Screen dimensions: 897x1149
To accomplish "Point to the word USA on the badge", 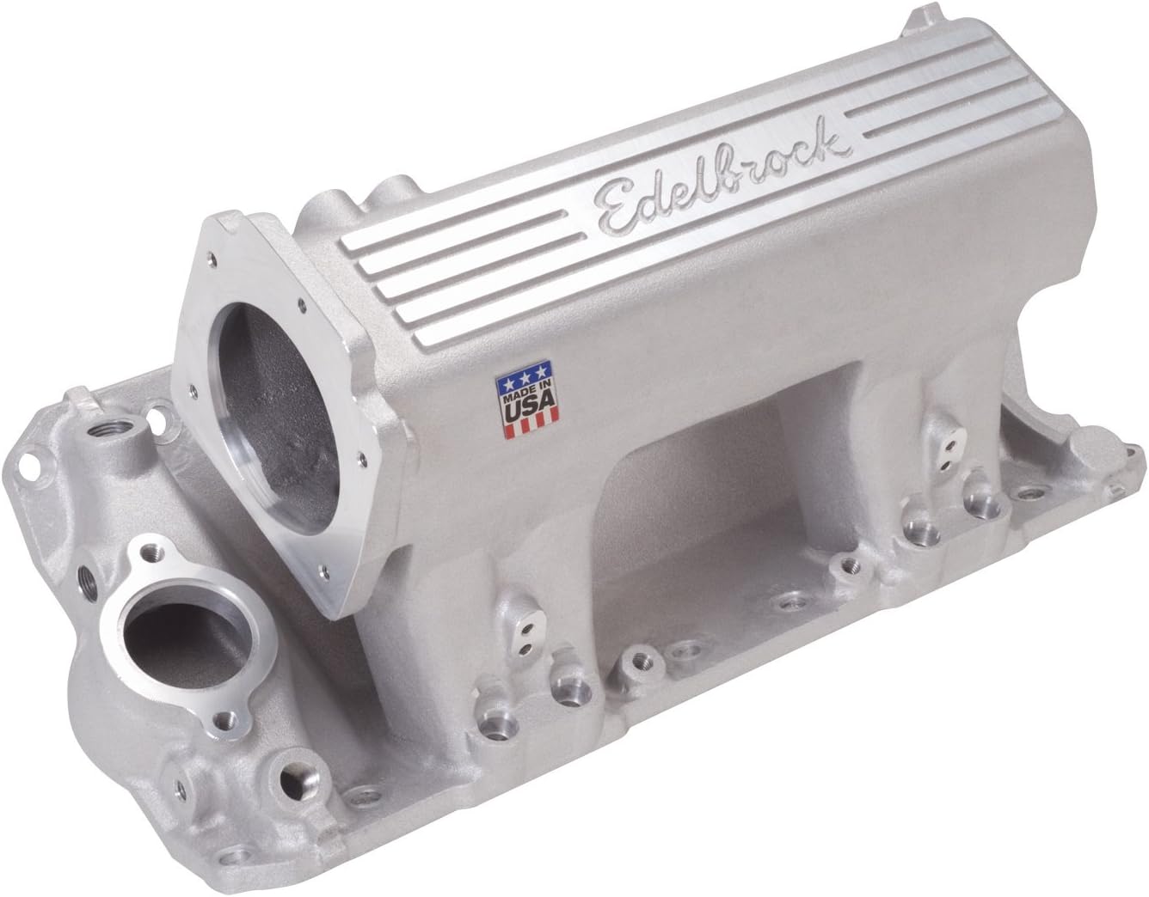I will (525, 409).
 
